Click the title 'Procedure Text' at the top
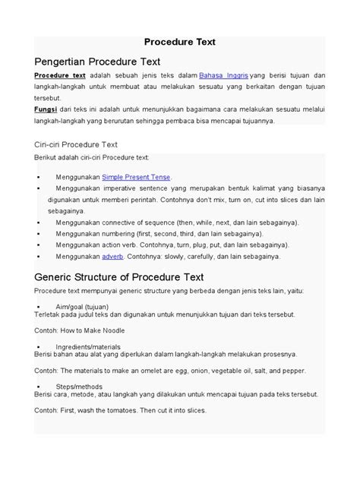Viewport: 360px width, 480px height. click(x=180, y=43)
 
